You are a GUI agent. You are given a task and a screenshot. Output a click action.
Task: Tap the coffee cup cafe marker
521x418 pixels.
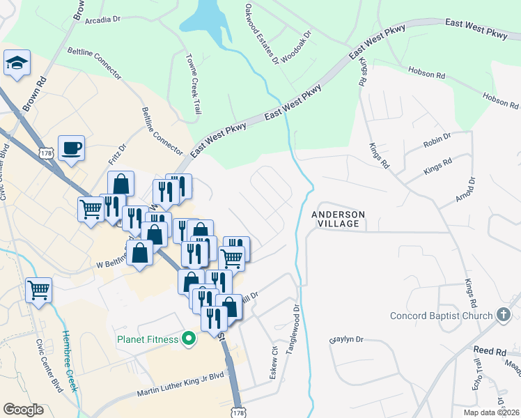[x=71, y=148]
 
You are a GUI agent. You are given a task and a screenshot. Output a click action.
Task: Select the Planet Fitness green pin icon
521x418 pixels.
[x=187, y=340]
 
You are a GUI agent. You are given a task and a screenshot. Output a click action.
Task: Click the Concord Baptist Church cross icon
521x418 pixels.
[x=504, y=316]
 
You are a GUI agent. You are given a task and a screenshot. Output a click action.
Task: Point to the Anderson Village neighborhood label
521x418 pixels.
[x=336, y=219]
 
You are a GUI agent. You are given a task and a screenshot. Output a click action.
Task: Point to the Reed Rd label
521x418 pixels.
[x=489, y=351]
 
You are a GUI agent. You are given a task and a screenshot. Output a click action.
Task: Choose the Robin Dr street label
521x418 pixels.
[x=437, y=144]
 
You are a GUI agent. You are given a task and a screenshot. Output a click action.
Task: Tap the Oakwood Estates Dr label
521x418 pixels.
[x=262, y=34]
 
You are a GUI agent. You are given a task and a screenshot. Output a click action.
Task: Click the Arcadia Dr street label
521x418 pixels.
[x=102, y=20]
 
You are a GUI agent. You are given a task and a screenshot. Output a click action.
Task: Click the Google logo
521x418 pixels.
[x=24, y=410]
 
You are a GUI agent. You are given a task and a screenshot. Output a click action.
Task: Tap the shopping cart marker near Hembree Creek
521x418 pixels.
[x=38, y=289]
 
